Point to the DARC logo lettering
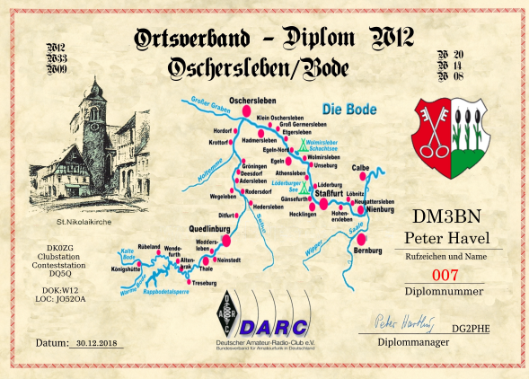pos(278,326)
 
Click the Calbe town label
pos(362,167)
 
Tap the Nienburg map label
pos(379,210)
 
